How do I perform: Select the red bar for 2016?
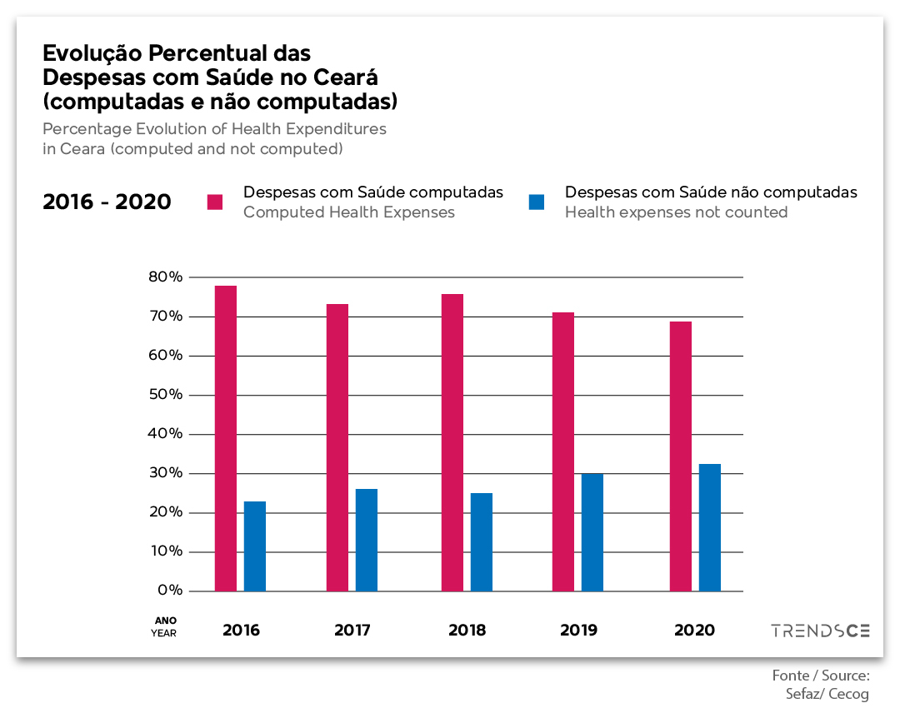pyautogui.click(x=226, y=438)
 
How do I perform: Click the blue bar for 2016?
pyautogui.click(x=255, y=546)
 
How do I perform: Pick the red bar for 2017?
pyautogui.click(x=337, y=447)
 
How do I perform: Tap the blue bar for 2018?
pyautogui.click(x=482, y=542)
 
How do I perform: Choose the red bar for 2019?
pyautogui.click(x=563, y=451)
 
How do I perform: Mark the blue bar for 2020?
pyautogui.click(x=710, y=527)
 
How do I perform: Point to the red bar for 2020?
pyautogui.click(x=681, y=456)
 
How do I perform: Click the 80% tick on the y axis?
pyautogui.click(x=166, y=277)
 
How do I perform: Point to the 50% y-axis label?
pyautogui.click(x=166, y=395)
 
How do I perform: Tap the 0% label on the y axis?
pyautogui.click(x=169, y=591)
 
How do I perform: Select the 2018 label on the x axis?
pyautogui.click(x=467, y=631)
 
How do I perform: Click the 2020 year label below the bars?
pyautogui.click(x=694, y=631)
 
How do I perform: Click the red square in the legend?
pyautogui.click(x=215, y=202)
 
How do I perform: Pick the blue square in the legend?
pyautogui.click(x=537, y=202)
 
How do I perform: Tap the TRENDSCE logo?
pyautogui.click(x=820, y=631)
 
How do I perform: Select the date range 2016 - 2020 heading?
pyautogui.click(x=107, y=202)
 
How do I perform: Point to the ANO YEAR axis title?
pyautogui.click(x=165, y=626)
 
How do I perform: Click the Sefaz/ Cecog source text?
pyautogui.click(x=827, y=694)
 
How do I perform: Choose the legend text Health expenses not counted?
pyautogui.click(x=676, y=212)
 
